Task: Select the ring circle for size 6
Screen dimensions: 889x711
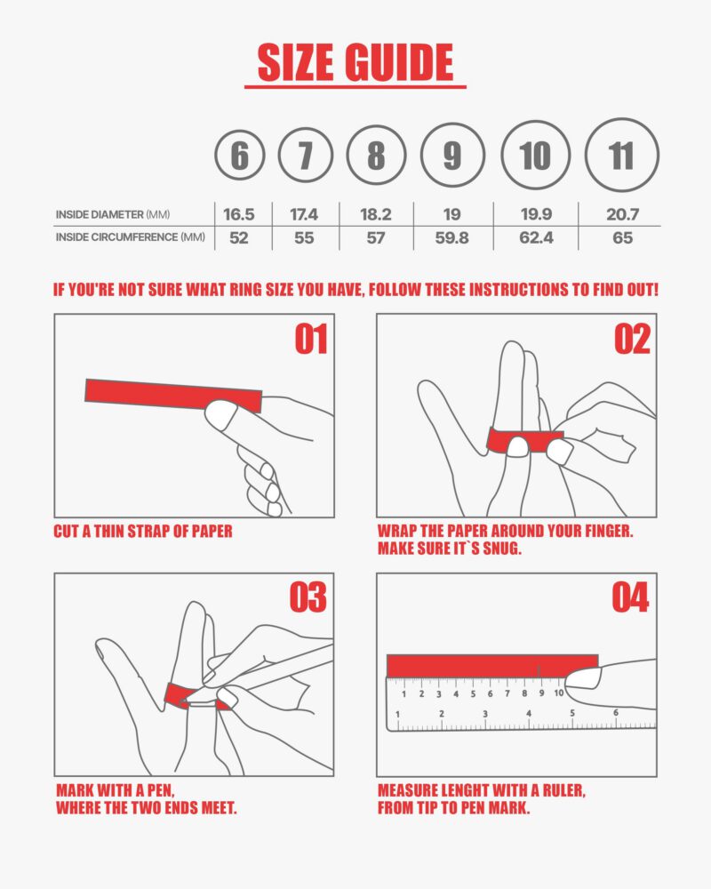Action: [x=240, y=157]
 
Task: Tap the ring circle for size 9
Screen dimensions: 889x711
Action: [x=452, y=156]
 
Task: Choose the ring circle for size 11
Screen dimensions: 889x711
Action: [x=622, y=156]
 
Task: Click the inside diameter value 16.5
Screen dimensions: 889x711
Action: [x=239, y=214]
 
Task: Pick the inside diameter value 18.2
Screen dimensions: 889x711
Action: [x=376, y=214]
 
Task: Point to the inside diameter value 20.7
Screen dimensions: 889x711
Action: [x=621, y=214]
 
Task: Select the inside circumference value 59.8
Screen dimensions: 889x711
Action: [x=451, y=237]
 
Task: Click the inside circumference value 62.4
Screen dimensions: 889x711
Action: [x=535, y=237]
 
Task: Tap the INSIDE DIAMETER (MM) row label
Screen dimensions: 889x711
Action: [x=113, y=214]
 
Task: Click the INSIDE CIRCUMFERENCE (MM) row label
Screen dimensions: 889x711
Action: [x=130, y=237]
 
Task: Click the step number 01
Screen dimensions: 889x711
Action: [x=310, y=340]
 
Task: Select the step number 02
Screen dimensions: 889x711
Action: [x=632, y=340]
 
